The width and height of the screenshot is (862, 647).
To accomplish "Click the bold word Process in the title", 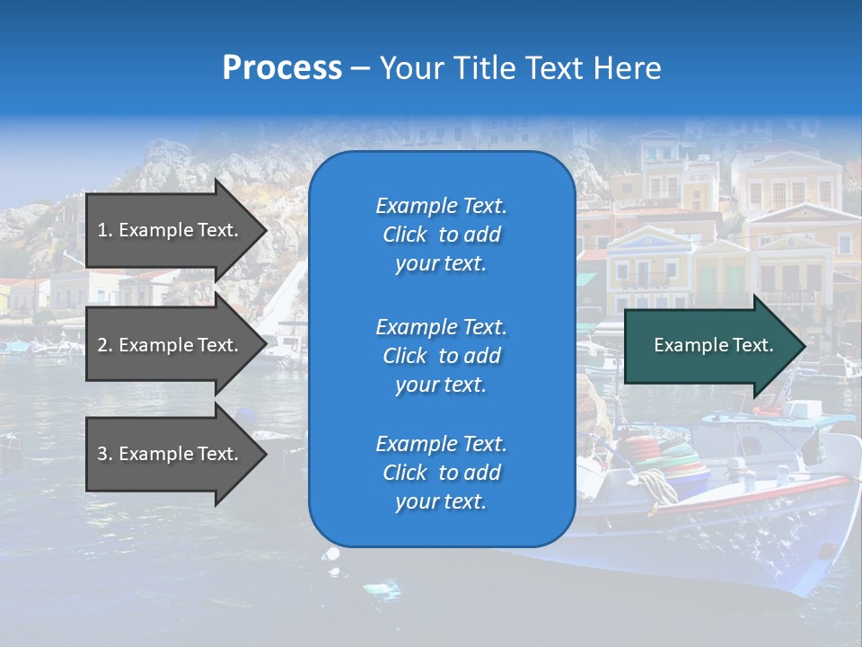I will (282, 68).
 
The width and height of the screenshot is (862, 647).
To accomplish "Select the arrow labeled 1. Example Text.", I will (171, 230).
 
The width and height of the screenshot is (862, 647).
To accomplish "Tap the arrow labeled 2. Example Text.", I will (171, 345).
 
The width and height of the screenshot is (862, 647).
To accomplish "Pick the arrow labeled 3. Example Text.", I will (171, 454).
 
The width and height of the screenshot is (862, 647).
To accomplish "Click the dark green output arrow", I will (709, 345).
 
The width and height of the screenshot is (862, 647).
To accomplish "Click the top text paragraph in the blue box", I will (441, 235).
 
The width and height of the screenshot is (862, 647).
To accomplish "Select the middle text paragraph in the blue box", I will (441, 356).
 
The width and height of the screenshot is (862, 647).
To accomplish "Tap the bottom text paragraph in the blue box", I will (441, 473).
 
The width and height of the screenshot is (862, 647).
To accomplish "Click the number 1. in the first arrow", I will (104, 230).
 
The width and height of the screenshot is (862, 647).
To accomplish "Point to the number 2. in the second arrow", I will (104, 345).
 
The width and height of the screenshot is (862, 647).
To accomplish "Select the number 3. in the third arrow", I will (104, 454).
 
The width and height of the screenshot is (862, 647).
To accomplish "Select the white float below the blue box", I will (332, 554).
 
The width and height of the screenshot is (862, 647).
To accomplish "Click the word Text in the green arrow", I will (753, 345).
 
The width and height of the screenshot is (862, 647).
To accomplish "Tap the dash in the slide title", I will (360, 69).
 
